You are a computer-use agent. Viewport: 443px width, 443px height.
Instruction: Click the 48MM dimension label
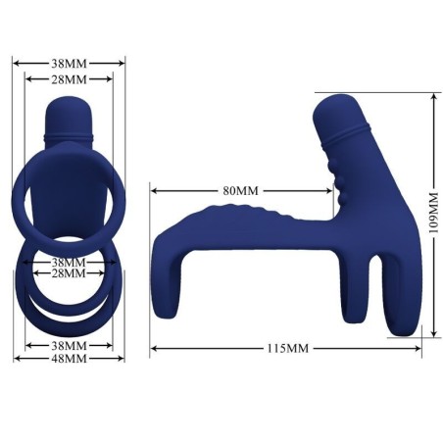69,359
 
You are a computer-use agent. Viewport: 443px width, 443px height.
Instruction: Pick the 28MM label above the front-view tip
69,77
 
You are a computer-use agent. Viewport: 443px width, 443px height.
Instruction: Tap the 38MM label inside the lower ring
69,262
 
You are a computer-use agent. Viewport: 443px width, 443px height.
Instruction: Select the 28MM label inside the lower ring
69,274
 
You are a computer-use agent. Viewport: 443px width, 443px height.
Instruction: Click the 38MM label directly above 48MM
69,346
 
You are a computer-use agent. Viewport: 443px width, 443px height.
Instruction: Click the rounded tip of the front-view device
69,106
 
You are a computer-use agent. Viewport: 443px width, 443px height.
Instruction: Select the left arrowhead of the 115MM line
154,348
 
